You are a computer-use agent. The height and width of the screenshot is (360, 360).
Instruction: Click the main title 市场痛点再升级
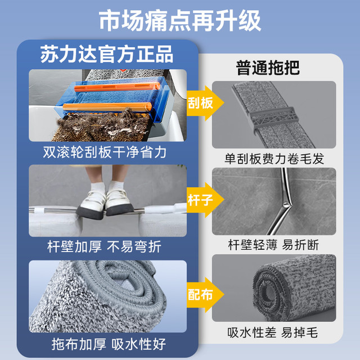[180, 21]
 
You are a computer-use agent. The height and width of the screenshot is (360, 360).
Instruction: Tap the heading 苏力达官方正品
[107, 54]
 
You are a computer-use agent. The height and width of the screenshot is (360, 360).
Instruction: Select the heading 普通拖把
[268, 67]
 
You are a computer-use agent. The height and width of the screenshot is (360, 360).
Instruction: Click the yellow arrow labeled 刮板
[205, 103]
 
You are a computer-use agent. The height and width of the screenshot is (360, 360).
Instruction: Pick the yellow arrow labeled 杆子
[205, 200]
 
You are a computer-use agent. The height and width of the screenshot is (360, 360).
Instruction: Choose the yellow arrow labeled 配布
[205, 295]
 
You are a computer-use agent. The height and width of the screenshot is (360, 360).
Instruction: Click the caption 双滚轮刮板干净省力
[105, 152]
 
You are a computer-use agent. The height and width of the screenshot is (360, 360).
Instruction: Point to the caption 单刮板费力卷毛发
[274, 159]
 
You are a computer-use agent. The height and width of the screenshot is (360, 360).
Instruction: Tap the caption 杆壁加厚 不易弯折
[105, 247]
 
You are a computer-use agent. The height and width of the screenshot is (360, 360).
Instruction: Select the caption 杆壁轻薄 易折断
[273, 245]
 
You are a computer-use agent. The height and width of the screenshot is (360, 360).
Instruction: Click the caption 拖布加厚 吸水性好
[109, 344]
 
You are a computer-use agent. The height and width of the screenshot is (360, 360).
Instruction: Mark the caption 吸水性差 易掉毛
[273, 332]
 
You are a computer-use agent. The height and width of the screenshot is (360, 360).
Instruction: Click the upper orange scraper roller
[117, 87]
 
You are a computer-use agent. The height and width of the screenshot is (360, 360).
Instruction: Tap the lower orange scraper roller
[107, 107]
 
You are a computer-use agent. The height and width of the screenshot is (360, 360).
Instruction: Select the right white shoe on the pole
[119, 201]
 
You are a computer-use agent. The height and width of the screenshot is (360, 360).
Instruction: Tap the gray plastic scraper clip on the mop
[274, 119]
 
